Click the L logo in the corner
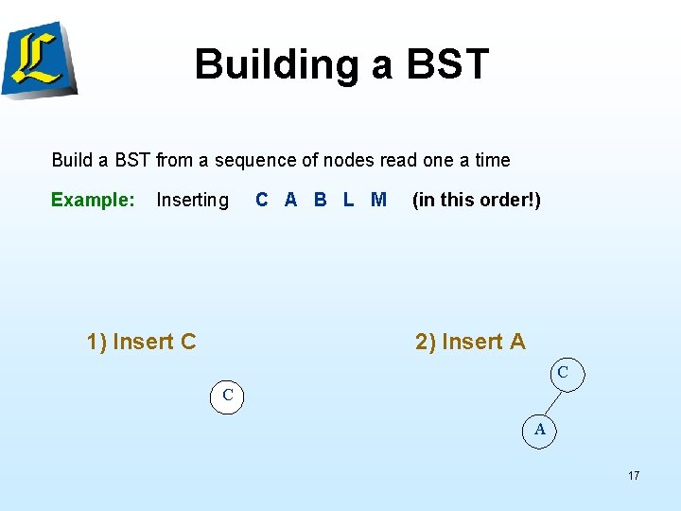tap(39, 58)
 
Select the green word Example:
tap(93, 200)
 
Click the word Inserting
tap(192, 200)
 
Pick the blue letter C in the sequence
tap(262, 200)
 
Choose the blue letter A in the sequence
tap(290, 200)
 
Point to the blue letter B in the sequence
tap(320, 200)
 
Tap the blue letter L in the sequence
tap(348, 200)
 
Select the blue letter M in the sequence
tap(378, 200)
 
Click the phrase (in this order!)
tap(477, 200)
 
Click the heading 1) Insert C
tap(141, 342)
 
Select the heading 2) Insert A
tap(470, 342)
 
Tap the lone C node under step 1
tap(227, 395)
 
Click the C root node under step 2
tap(563, 373)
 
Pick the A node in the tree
tap(540, 429)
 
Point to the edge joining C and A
tap(551, 400)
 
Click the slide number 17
tap(633, 475)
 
